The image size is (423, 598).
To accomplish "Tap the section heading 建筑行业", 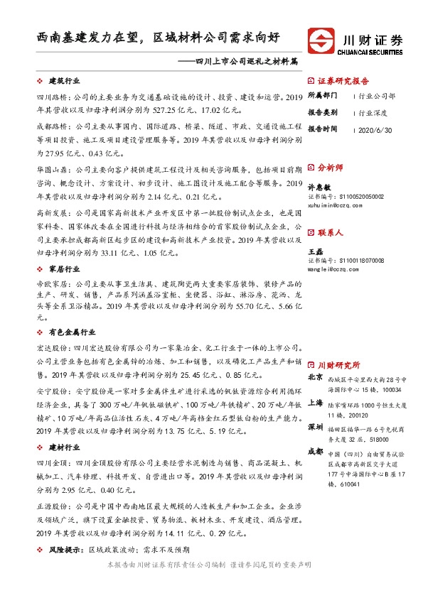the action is click(x=63, y=82).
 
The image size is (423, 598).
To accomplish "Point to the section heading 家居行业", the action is click(x=63, y=270).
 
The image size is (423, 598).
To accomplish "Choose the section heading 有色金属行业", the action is click(x=71, y=332).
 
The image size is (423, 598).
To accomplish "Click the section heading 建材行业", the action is click(x=63, y=447).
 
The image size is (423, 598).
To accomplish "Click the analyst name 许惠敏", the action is click(x=320, y=186).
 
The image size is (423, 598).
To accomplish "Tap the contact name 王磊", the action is click(x=316, y=251).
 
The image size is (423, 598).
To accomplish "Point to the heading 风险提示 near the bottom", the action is click(x=63, y=550).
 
